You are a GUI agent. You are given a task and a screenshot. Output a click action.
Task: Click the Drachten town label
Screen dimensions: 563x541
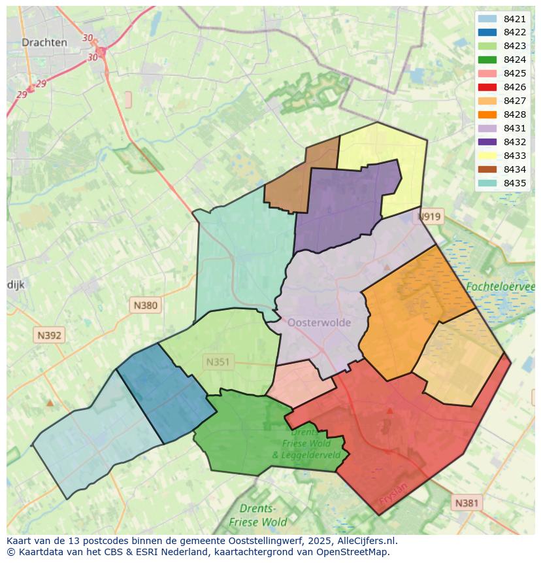tap(44, 43)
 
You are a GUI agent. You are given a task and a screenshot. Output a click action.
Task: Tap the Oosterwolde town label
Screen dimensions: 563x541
tap(319, 322)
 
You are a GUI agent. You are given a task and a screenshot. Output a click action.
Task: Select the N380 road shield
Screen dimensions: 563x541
tap(145, 305)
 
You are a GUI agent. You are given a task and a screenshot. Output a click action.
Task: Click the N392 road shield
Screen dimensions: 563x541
tap(50, 335)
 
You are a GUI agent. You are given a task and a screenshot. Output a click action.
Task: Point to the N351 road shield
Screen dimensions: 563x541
tap(218, 362)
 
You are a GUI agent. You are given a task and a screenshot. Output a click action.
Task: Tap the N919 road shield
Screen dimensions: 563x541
tap(429, 216)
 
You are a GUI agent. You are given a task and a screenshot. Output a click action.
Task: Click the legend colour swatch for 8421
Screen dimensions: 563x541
tap(487, 19)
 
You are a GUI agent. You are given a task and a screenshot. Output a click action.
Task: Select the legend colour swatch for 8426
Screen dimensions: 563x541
tap(487, 87)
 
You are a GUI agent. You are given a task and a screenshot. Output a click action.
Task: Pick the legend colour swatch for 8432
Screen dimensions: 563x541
tap(487, 142)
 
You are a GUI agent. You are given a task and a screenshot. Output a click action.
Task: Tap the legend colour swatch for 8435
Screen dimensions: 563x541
tap(487, 183)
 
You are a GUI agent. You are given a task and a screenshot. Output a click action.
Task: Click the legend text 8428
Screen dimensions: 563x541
tap(515, 114)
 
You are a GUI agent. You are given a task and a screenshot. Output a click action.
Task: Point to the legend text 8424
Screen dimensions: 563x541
tap(515, 60)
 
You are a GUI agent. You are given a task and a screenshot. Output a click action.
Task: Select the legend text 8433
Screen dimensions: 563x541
tap(515, 156)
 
